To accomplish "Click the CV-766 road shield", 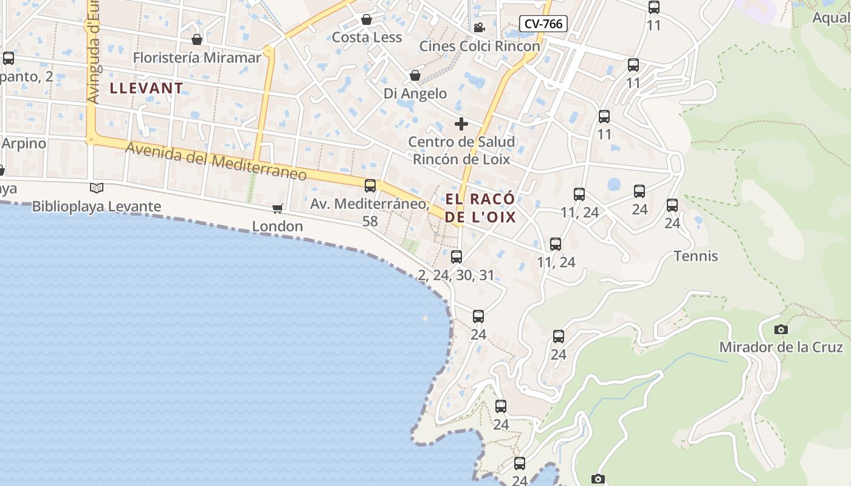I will point(543,24).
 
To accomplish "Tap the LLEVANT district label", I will point(146,88).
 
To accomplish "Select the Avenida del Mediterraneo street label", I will point(216,161).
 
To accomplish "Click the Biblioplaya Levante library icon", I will point(97,188).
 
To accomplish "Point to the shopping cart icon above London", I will point(278,209).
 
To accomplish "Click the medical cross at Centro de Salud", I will point(461,125).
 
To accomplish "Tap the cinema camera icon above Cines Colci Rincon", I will point(479,27).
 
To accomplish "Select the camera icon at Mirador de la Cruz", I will point(781,330).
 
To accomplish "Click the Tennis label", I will point(696,256).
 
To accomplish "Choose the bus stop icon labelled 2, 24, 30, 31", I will point(457,256).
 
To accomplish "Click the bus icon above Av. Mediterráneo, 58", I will point(370,186).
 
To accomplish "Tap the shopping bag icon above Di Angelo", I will point(415,76).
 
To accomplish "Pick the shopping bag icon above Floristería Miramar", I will point(197,40).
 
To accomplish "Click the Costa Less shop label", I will point(367,38).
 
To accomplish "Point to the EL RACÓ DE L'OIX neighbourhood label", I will point(480,208).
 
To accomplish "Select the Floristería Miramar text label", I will point(197,58).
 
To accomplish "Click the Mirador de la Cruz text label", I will point(781,347).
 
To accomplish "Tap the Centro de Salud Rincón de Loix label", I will point(461,151).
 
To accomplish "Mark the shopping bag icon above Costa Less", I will point(367,20).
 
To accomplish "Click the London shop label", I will point(278,227).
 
